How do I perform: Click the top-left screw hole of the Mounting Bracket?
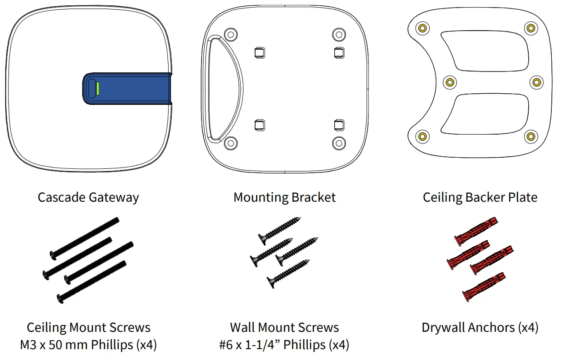230,34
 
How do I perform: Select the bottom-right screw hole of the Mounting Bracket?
339,142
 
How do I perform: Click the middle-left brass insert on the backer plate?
450,82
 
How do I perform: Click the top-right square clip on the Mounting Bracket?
338,52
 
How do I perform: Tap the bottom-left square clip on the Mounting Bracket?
259,125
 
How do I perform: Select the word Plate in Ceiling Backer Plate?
524,197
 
